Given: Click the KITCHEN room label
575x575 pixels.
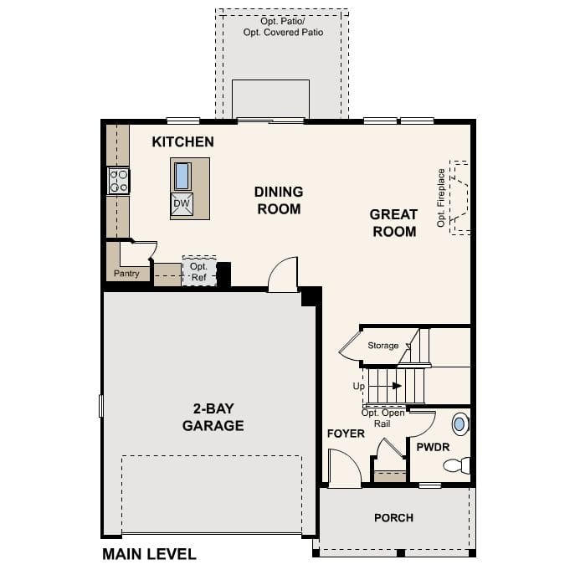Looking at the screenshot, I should pyautogui.click(x=182, y=142).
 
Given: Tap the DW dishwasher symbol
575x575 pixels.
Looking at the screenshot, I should pyautogui.click(x=182, y=203).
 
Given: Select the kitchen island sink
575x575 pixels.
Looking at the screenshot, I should pyautogui.click(x=182, y=176).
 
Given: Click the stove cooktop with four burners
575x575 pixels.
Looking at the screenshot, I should pyautogui.click(x=118, y=181).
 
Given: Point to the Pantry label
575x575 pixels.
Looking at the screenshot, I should pyautogui.click(x=126, y=274).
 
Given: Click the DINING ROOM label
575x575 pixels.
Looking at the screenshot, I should pyautogui.click(x=279, y=200).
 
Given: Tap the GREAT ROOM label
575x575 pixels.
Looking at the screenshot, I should pyautogui.click(x=393, y=223).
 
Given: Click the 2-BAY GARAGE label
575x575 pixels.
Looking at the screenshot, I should pyautogui.click(x=213, y=417).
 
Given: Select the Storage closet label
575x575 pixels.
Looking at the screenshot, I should pyautogui.click(x=383, y=345).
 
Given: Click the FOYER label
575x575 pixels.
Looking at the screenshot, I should pyautogui.click(x=346, y=434).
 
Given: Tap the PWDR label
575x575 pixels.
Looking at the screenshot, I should pyautogui.click(x=433, y=448).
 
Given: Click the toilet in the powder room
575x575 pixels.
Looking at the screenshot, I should pyautogui.click(x=457, y=465).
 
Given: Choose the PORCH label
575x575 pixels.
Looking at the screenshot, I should pyautogui.click(x=393, y=518).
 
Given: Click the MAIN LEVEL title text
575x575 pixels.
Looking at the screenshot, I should pyautogui.click(x=149, y=554).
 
